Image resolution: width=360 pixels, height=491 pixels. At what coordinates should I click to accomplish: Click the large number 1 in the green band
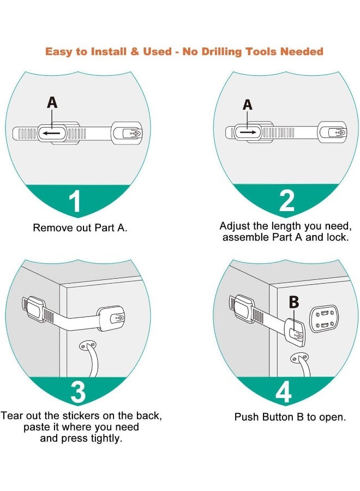[75, 201]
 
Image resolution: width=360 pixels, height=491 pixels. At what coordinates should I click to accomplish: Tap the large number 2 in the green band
[287, 200]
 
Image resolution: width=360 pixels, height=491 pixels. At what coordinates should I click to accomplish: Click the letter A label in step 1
[52, 102]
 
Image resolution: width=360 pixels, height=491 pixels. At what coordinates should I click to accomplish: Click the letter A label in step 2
[248, 104]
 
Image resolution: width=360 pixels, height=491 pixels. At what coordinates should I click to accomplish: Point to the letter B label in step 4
[293, 302]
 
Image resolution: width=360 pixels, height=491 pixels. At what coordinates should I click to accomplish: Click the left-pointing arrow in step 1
[52, 133]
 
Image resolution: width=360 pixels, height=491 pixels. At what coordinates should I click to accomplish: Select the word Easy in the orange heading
[59, 52]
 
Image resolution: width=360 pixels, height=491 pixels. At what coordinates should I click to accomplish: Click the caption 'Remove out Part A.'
[80, 227]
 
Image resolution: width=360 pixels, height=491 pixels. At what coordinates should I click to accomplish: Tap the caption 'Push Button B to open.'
[290, 417]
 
